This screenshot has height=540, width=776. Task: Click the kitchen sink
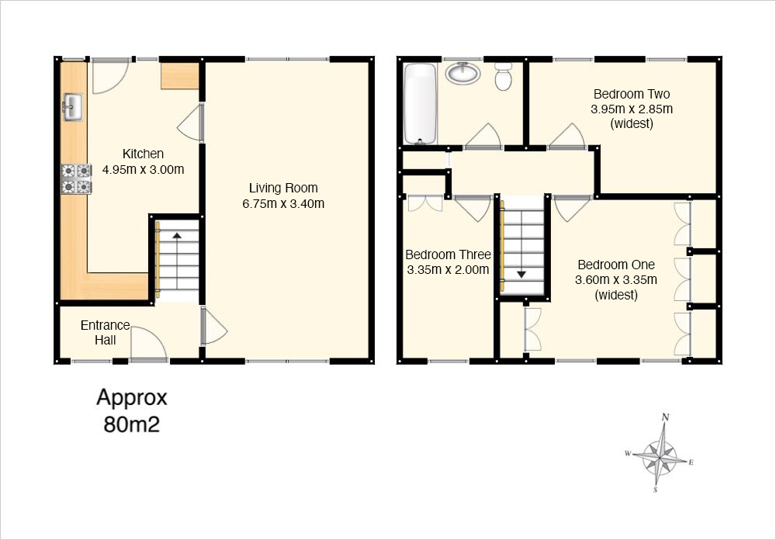click(73, 107)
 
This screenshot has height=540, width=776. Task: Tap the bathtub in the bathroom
click(420, 103)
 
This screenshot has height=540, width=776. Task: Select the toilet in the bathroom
click(504, 77)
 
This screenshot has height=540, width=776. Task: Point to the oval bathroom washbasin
click(462, 73)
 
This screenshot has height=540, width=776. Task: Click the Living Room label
click(283, 188)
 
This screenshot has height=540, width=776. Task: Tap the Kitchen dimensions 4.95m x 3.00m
click(143, 169)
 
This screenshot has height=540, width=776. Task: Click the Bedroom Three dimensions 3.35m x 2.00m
click(448, 270)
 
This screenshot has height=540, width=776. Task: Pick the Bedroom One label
click(616, 265)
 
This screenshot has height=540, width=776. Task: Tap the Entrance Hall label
click(106, 333)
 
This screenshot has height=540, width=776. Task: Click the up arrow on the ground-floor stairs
click(177, 236)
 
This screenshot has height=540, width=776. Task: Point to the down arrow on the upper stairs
click(521, 274)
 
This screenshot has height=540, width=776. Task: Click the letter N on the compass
click(666, 417)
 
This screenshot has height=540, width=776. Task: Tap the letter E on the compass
click(691, 462)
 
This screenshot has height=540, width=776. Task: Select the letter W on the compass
click(628, 453)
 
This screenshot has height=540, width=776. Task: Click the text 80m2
click(132, 424)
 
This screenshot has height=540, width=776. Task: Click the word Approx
click(132, 397)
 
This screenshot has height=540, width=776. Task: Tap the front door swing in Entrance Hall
click(149, 342)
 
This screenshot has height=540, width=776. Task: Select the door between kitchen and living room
click(191, 123)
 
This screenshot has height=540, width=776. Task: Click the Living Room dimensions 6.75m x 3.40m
click(283, 203)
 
